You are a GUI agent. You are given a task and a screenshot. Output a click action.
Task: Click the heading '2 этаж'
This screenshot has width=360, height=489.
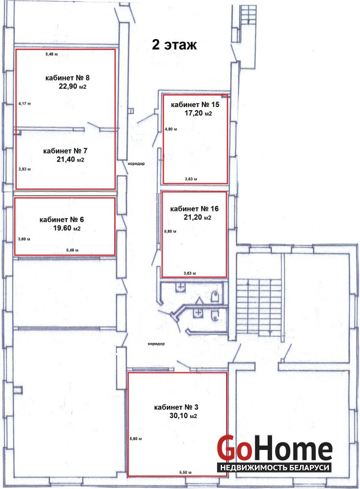point(174,45)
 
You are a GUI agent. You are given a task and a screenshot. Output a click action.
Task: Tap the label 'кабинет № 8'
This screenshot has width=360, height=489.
point(67,78)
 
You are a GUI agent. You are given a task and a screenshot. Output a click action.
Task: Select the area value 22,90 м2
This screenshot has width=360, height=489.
point(72,86)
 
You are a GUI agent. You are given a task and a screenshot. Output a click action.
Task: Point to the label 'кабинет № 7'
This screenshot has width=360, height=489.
point(65,151)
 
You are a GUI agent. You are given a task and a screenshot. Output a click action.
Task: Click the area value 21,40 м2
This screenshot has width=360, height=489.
point(70,160)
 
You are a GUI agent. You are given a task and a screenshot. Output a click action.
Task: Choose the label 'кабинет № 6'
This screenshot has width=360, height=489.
point(62,219)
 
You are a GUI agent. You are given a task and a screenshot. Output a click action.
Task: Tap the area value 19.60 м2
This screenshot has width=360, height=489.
point(67,228)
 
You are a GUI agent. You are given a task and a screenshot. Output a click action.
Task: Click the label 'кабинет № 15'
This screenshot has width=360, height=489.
point(195,105)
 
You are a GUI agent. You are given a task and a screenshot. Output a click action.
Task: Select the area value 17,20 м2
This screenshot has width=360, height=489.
point(198,113)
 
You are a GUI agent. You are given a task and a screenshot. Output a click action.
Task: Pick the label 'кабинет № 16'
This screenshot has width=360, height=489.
point(194,208)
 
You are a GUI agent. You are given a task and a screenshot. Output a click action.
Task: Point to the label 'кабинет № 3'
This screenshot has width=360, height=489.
point(176,407)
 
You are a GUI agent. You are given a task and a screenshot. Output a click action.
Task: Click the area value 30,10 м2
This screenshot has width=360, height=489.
point(183,416)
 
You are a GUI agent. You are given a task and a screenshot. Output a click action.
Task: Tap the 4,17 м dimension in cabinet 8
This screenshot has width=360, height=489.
point(24,103)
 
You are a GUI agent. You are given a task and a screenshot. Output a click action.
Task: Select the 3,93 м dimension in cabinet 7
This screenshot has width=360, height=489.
point(24,169)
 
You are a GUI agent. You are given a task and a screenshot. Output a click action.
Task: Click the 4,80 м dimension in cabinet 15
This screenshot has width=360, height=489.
point(171,129)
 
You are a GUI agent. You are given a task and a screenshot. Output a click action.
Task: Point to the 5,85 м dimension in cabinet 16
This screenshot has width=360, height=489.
point(171,232)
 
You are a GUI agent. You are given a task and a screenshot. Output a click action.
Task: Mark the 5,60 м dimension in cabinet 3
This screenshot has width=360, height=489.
point(136,439)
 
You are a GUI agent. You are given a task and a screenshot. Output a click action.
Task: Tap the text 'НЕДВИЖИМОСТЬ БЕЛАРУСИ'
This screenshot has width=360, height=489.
point(274,468)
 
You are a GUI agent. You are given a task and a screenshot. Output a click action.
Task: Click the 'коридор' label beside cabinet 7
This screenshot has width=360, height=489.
point(136,163)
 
